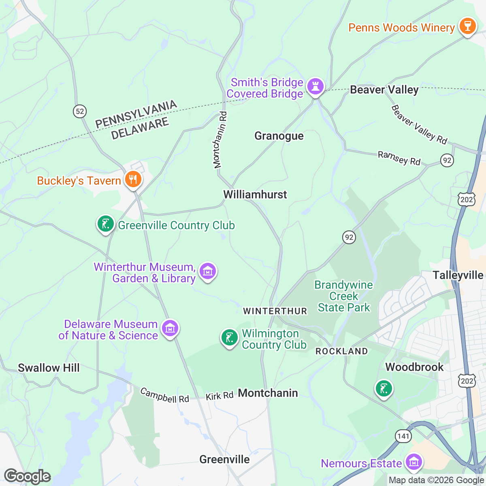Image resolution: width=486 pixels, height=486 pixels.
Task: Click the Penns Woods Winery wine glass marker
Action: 467,26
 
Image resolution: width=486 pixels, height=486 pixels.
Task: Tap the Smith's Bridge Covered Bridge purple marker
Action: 315,86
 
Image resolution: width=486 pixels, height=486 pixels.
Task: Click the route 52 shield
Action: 80,111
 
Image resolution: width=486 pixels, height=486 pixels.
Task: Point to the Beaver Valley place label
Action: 384,90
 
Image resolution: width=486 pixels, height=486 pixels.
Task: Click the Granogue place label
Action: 279,136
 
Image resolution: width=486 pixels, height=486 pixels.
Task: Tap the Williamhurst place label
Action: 255,194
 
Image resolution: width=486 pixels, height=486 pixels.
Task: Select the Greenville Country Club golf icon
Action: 105,224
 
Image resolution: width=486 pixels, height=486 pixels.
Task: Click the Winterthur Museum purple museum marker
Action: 208,271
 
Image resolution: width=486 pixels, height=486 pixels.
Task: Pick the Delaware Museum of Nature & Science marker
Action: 170,328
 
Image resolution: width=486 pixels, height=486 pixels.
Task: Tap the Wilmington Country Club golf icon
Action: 229,337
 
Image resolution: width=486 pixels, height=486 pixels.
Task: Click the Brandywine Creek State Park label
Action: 343,296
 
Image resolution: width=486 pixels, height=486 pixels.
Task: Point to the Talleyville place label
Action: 458,275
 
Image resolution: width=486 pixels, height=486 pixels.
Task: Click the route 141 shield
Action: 403,436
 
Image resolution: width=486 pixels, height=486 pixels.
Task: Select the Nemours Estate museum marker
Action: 414,462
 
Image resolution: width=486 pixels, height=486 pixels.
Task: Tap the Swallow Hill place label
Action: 49,368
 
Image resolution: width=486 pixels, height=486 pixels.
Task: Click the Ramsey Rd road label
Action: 399,158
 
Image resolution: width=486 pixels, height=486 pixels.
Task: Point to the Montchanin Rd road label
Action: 220,140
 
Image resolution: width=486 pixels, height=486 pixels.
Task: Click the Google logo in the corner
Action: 27,476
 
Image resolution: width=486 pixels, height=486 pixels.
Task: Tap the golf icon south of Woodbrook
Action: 384,389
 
